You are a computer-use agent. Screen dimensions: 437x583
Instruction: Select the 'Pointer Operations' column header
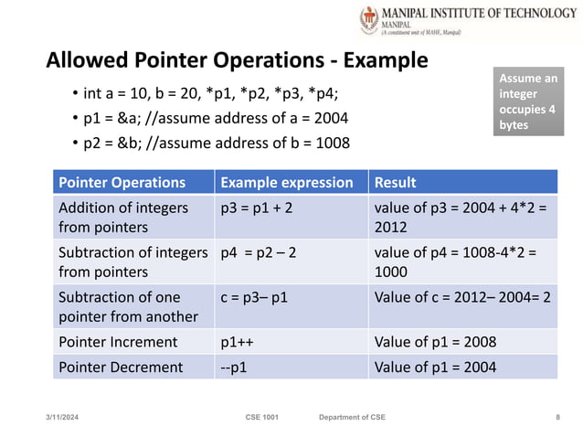(122, 182)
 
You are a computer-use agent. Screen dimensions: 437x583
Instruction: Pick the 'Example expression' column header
(287, 182)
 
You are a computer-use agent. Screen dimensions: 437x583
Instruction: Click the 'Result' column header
(395, 182)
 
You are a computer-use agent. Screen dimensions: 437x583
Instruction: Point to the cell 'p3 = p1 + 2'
(257, 208)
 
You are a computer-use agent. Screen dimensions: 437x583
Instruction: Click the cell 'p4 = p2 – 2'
(259, 252)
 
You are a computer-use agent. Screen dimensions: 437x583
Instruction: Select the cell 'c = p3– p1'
(259, 297)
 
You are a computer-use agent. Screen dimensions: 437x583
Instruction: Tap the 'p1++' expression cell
(237, 342)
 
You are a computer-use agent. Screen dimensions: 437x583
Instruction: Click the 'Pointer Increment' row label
(118, 342)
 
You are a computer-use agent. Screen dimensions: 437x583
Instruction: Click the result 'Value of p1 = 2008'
(435, 342)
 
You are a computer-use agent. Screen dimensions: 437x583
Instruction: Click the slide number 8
(557, 417)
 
